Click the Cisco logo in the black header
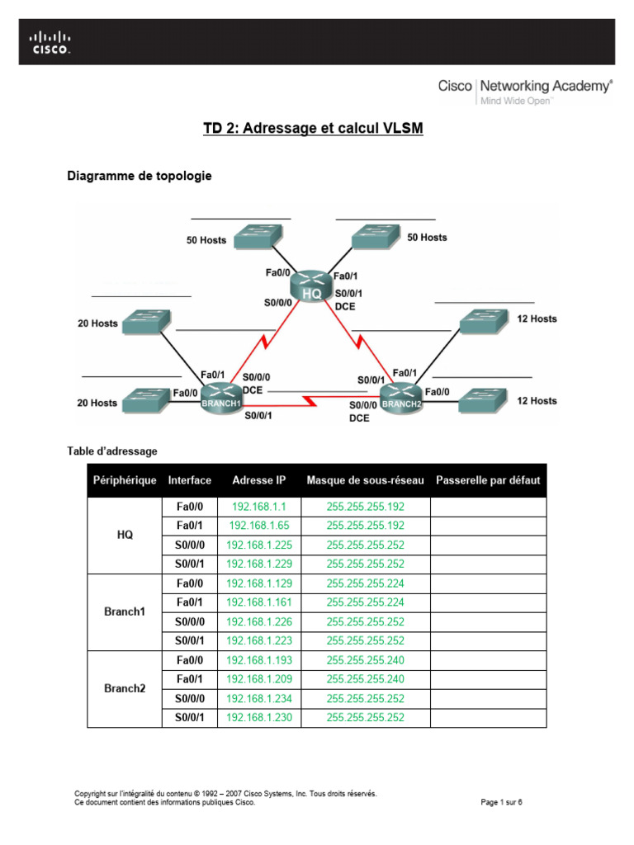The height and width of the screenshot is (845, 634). click(50, 42)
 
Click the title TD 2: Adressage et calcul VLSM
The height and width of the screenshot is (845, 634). click(313, 129)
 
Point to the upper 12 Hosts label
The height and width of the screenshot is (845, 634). click(537, 319)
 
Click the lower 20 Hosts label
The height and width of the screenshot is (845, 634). click(97, 403)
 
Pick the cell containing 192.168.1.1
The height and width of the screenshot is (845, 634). click(259, 507)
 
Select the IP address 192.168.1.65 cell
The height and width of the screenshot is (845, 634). click(259, 526)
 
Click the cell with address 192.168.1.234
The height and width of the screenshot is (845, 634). click(259, 698)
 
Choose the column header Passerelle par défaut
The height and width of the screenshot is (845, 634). click(487, 480)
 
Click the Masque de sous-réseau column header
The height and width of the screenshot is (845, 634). click(365, 480)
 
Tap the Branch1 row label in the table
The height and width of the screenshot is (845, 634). click(125, 611)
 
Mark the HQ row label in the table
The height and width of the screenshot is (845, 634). click(125, 535)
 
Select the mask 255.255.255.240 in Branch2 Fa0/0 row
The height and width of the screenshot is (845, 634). click(365, 660)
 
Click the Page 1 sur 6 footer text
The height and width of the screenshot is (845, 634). click(501, 801)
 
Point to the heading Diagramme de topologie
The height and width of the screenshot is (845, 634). click(139, 176)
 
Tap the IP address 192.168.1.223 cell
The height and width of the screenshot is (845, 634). click(259, 640)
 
